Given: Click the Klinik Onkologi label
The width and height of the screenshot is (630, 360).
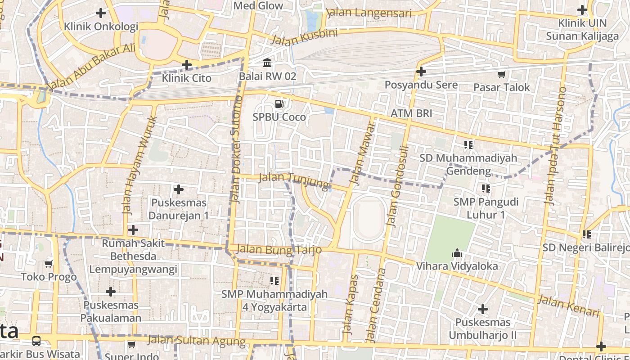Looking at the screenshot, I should pos(101,27).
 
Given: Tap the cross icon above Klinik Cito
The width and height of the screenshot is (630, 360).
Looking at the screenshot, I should pos(187,65).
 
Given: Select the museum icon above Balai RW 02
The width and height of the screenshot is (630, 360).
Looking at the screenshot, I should pos(267,62).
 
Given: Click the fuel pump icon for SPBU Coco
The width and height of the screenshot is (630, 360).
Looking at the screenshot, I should pos(279,104).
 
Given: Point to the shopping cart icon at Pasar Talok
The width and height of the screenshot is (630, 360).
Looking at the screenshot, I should pos(501,74).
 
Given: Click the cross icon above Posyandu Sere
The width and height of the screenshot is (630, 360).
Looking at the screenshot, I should pos(421,72).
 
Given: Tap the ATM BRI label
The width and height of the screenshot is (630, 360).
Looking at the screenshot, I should pos(411,113).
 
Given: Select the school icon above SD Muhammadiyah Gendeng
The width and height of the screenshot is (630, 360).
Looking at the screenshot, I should pos(468,145).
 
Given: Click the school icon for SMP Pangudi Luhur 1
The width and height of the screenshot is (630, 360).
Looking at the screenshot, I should pos(486,189).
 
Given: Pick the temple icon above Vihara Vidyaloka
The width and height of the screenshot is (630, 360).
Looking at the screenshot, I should pos(457,253).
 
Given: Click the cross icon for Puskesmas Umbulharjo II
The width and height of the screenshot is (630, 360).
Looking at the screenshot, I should pos(483,309).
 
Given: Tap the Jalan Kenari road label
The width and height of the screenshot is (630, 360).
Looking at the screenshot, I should pos(569,306).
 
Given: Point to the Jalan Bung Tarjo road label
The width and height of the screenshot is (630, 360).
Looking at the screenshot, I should pos(279,249).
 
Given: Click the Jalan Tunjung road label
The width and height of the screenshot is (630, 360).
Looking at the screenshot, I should pos(295,180).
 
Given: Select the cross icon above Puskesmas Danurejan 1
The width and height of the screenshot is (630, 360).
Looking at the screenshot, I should pos(179,189).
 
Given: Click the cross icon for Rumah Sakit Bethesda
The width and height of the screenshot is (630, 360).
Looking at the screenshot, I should pos(133,230).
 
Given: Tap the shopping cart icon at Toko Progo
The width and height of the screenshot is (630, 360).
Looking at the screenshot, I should pos(49,264).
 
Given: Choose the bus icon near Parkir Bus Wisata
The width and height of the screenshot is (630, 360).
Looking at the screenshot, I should pos(36,341).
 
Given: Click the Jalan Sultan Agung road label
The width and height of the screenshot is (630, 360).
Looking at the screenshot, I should pos(197,341).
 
